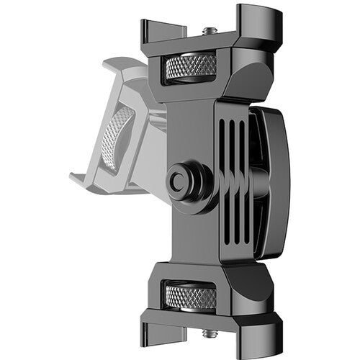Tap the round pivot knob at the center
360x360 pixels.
(x=179, y=181)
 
